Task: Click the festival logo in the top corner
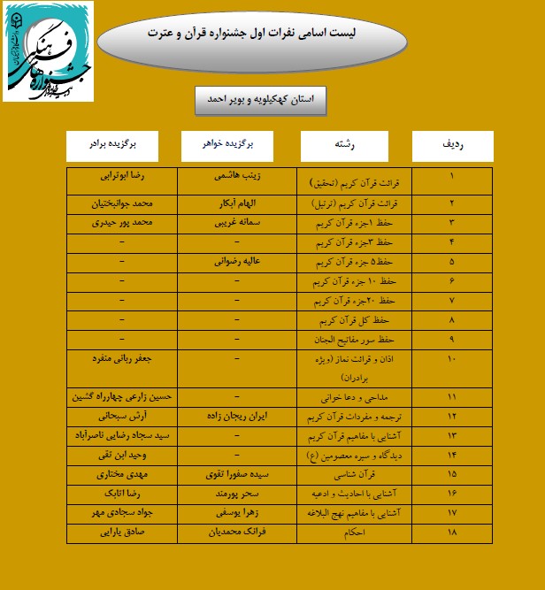point(48,51)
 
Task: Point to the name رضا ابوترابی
point(122,176)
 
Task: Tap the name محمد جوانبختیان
point(122,202)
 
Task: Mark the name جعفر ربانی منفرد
point(122,360)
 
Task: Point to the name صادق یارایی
point(122,532)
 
